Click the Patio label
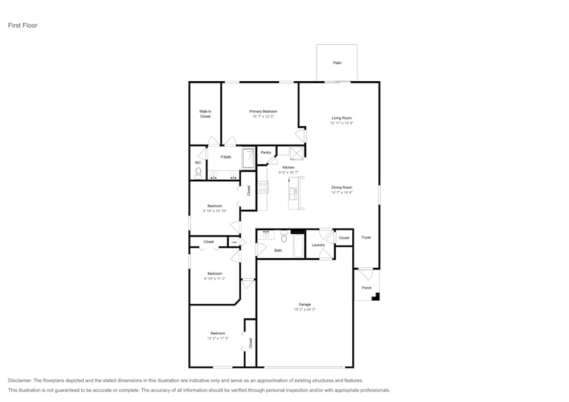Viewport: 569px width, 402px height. pyautogui.click(x=337, y=63)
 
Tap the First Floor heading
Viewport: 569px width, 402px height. pyautogui.click(x=23, y=26)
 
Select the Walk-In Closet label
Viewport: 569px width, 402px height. pyautogui.click(x=205, y=114)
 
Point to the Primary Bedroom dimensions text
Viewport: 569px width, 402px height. pyautogui.click(x=263, y=117)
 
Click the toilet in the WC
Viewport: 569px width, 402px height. pyautogui.click(x=199, y=171)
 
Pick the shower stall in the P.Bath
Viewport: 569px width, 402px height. pyautogui.click(x=249, y=158)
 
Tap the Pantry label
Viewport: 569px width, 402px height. pyautogui.click(x=266, y=152)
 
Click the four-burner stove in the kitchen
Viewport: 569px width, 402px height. pyautogui.click(x=263, y=188)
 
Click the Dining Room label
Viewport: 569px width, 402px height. pyautogui.click(x=342, y=187)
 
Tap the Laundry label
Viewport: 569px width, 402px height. pyautogui.click(x=318, y=245)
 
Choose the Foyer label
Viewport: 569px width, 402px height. pyautogui.click(x=366, y=237)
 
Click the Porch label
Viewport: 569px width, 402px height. pyautogui.click(x=367, y=288)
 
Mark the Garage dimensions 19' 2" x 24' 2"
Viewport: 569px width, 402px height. pyautogui.click(x=305, y=310)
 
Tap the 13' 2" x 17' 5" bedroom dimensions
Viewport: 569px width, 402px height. pyautogui.click(x=217, y=338)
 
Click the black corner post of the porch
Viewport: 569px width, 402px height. pyautogui.click(x=376, y=296)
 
